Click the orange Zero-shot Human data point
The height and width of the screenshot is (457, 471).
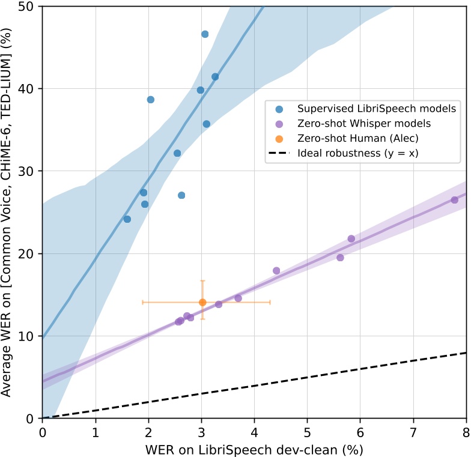pos(202,302)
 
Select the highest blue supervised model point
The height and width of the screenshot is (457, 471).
pos(205,34)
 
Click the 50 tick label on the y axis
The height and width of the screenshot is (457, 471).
pos(29,7)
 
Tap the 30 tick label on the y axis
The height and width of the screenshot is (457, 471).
pos(29,171)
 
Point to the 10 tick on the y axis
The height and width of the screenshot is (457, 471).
pos(29,336)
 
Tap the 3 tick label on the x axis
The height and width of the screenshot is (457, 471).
pos(201,432)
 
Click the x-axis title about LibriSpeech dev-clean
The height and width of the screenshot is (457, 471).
pos(255,449)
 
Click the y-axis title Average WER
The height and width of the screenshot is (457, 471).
pos(8,212)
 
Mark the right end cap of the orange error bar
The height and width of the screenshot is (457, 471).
pos(270,302)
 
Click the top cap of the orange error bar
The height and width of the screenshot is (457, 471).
pos(202,280)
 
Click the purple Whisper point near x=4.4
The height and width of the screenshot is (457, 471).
pos(276,271)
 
